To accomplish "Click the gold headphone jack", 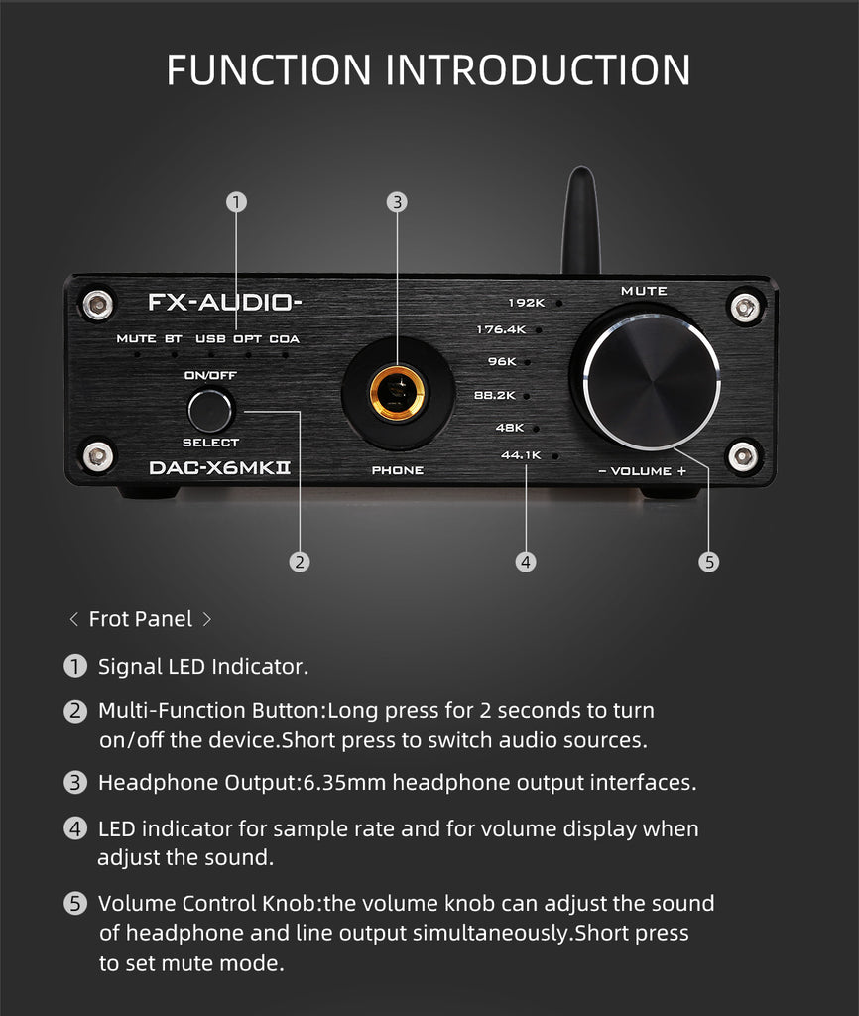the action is [x=397, y=393].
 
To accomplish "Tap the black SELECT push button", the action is [x=210, y=410].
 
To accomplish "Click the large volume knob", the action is [x=651, y=381].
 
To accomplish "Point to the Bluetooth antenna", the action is [x=580, y=220].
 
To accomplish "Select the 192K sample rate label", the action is [x=526, y=303].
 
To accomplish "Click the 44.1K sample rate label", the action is [x=521, y=455].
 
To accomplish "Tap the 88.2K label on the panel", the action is [x=495, y=395].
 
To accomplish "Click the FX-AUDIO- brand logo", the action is [x=225, y=302].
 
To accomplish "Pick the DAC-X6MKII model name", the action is [x=219, y=468].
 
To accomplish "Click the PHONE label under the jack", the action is [x=397, y=470].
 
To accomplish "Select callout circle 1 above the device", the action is [x=236, y=202].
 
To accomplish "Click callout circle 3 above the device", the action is [x=397, y=202].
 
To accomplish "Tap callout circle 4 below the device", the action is [x=526, y=562].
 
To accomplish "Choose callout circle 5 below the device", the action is [x=708, y=562].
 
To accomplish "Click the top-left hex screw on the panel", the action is [x=98, y=303].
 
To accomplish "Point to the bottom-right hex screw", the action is [x=743, y=456].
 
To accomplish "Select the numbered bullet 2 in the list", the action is [x=75, y=711].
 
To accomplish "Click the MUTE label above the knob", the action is [x=644, y=291].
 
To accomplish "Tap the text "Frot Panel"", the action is [x=141, y=619].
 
